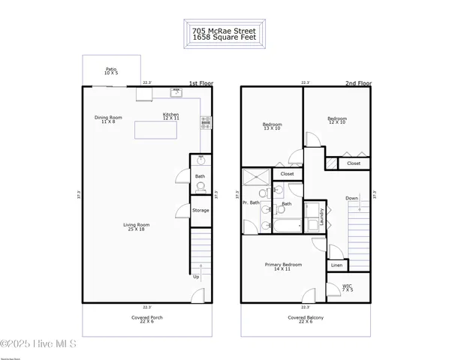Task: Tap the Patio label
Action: (x=111, y=70)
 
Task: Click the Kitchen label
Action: (x=171, y=115)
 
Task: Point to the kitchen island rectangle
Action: (x=159, y=130)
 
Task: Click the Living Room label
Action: (x=137, y=226)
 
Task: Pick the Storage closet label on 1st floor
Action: (x=200, y=210)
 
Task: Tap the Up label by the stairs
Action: (x=197, y=276)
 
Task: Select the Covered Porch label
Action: (x=146, y=319)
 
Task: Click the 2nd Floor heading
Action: (x=359, y=83)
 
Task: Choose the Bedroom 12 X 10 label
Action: (x=337, y=120)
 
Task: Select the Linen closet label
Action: (x=337, y=265)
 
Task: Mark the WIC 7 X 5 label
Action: (x=348, y=287)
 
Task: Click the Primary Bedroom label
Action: (x=283, y=266)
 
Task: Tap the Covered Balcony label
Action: (x=306, y=319)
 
